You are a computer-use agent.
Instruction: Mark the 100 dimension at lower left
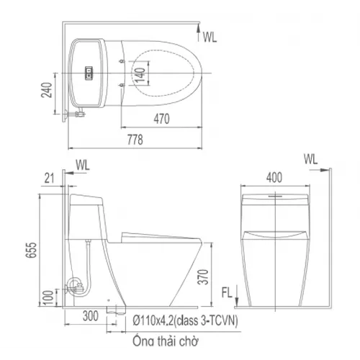click(x=47, y=294)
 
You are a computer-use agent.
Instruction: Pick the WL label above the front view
click(x=310, y=158)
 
